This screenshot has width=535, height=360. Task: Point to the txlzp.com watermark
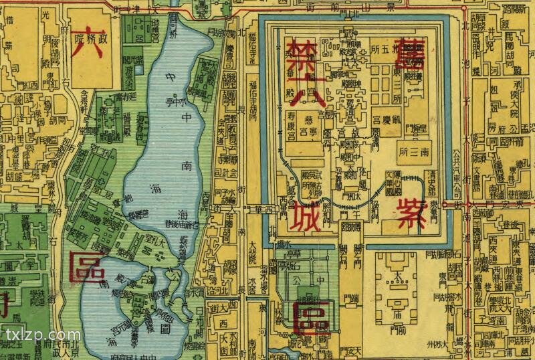point(41,334)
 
